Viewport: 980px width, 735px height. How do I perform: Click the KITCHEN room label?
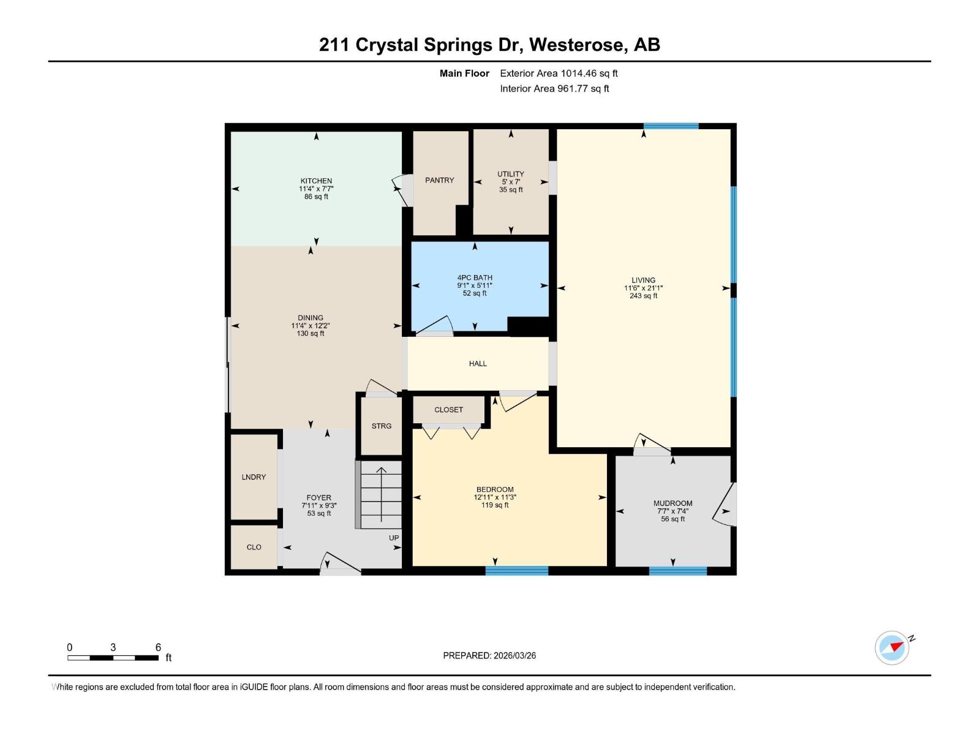[x=316, y=181]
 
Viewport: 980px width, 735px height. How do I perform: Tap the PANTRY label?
[x=440, y=180]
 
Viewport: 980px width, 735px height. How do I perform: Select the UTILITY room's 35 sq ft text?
[x=511, y=190]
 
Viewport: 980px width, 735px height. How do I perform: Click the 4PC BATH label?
[x=475, y=277]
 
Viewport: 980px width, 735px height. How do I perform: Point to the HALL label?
[x=478, y=363]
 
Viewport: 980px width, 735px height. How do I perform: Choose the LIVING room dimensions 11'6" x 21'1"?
[x=643, y=288]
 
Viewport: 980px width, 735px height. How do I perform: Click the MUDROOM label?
[x=673, y=503]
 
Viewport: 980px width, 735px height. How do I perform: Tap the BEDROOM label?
[x=495, y=489]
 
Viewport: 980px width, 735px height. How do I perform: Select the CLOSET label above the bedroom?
[x=448, y=410]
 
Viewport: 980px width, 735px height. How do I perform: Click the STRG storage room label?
[x=381, y=426]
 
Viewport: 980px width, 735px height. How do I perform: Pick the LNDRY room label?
[x=254, y=477]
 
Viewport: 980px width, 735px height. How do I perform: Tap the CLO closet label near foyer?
[x=254, y=547]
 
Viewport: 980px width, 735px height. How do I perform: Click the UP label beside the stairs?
[x=394, y=538]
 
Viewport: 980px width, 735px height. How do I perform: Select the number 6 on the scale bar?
[x=158, y=647]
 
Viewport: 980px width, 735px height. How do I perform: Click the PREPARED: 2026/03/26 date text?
[x=489, y=655]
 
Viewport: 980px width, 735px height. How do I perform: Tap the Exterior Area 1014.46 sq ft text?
[x=559, y=73]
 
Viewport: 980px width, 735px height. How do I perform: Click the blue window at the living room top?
[x=671, y=126]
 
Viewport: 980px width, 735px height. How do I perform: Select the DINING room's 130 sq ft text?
[x=311, y=334]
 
